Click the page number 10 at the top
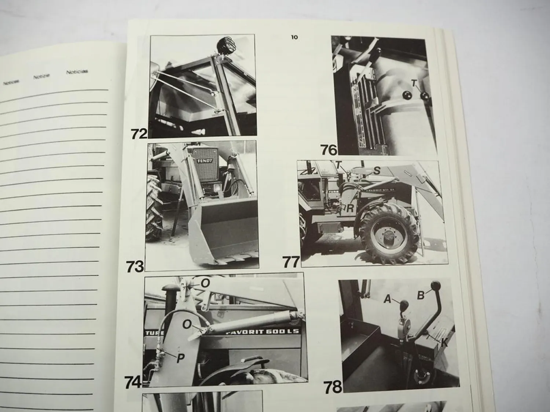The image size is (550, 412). [x=294, y=37]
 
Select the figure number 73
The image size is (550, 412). [x=135, y=266]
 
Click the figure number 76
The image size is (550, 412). [x=329, y=150]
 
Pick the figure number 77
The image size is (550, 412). [x=291, y=262]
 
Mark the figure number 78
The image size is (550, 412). [x=333, y=386]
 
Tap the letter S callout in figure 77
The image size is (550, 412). [x=377, y=170]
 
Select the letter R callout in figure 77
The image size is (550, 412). [x=351, y=208]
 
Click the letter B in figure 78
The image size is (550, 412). [x=421, y=295]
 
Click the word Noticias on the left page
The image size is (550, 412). [x=77, y=72]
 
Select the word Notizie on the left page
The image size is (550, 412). [x=41, y=77]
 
